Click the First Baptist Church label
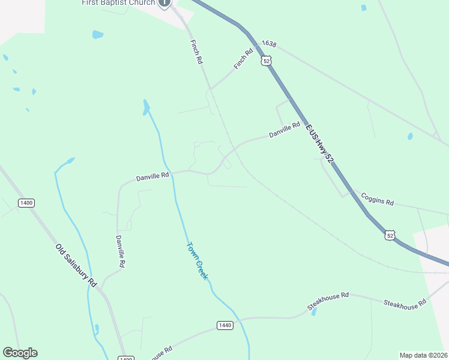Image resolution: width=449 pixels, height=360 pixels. pyautogui.click(x=118, y=3)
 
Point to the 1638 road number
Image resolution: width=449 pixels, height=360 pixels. pyautogui.click(x=269, y=44)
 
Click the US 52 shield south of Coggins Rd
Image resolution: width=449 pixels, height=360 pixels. pyautogui.click(x=390, y=235)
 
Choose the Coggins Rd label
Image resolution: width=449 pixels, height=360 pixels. pyautogui.click(x=377, y=199)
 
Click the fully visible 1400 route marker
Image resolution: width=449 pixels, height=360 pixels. pyautogui.click(x=26, y=203)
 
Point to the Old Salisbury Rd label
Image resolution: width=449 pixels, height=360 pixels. pyautogui.click(x=76, y=265)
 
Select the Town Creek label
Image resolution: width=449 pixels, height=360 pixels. pyautogui.click(x=197, y=261)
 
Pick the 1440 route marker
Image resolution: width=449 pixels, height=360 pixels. pyautogui.click(x=224, y=325)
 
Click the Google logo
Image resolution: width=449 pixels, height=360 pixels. pyautogui.click(x=20, y=353)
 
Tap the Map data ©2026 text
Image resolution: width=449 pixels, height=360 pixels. pyautogui.click(x=423, y=355)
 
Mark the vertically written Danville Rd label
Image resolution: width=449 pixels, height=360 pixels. pyautogui.click(x=121, y=251)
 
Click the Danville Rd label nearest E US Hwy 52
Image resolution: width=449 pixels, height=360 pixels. pyautogui.click(x=284, y=130)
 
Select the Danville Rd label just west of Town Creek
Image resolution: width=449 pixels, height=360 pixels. pyautogui.click(x=153, y=176)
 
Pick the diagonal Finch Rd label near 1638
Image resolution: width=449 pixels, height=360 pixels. pyautogui.click(x=245, y=59)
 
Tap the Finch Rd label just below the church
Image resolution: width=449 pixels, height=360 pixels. pyautogui.click(x=196, y=52)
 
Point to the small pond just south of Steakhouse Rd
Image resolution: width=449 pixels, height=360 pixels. pyautogui.click(x=313, y=312)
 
